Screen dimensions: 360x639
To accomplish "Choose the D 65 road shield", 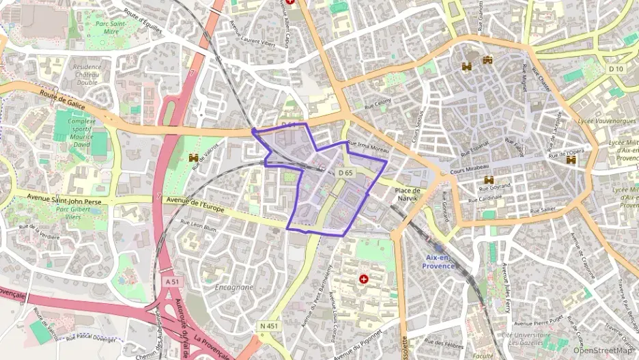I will pyautogui.click(x=345, y=173).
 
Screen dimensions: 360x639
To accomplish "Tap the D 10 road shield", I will pyautogui.click(x=616, y=69).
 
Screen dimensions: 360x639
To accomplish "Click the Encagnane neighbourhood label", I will pyautogui.click(x=234, y=288).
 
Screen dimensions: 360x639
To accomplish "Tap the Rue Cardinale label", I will pyautogui.click(x=485, y=200).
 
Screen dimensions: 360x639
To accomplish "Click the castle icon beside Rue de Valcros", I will pyautogui.click(x=193, y=158).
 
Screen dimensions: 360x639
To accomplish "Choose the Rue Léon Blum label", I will pyautogui.click(x=198, y=225).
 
